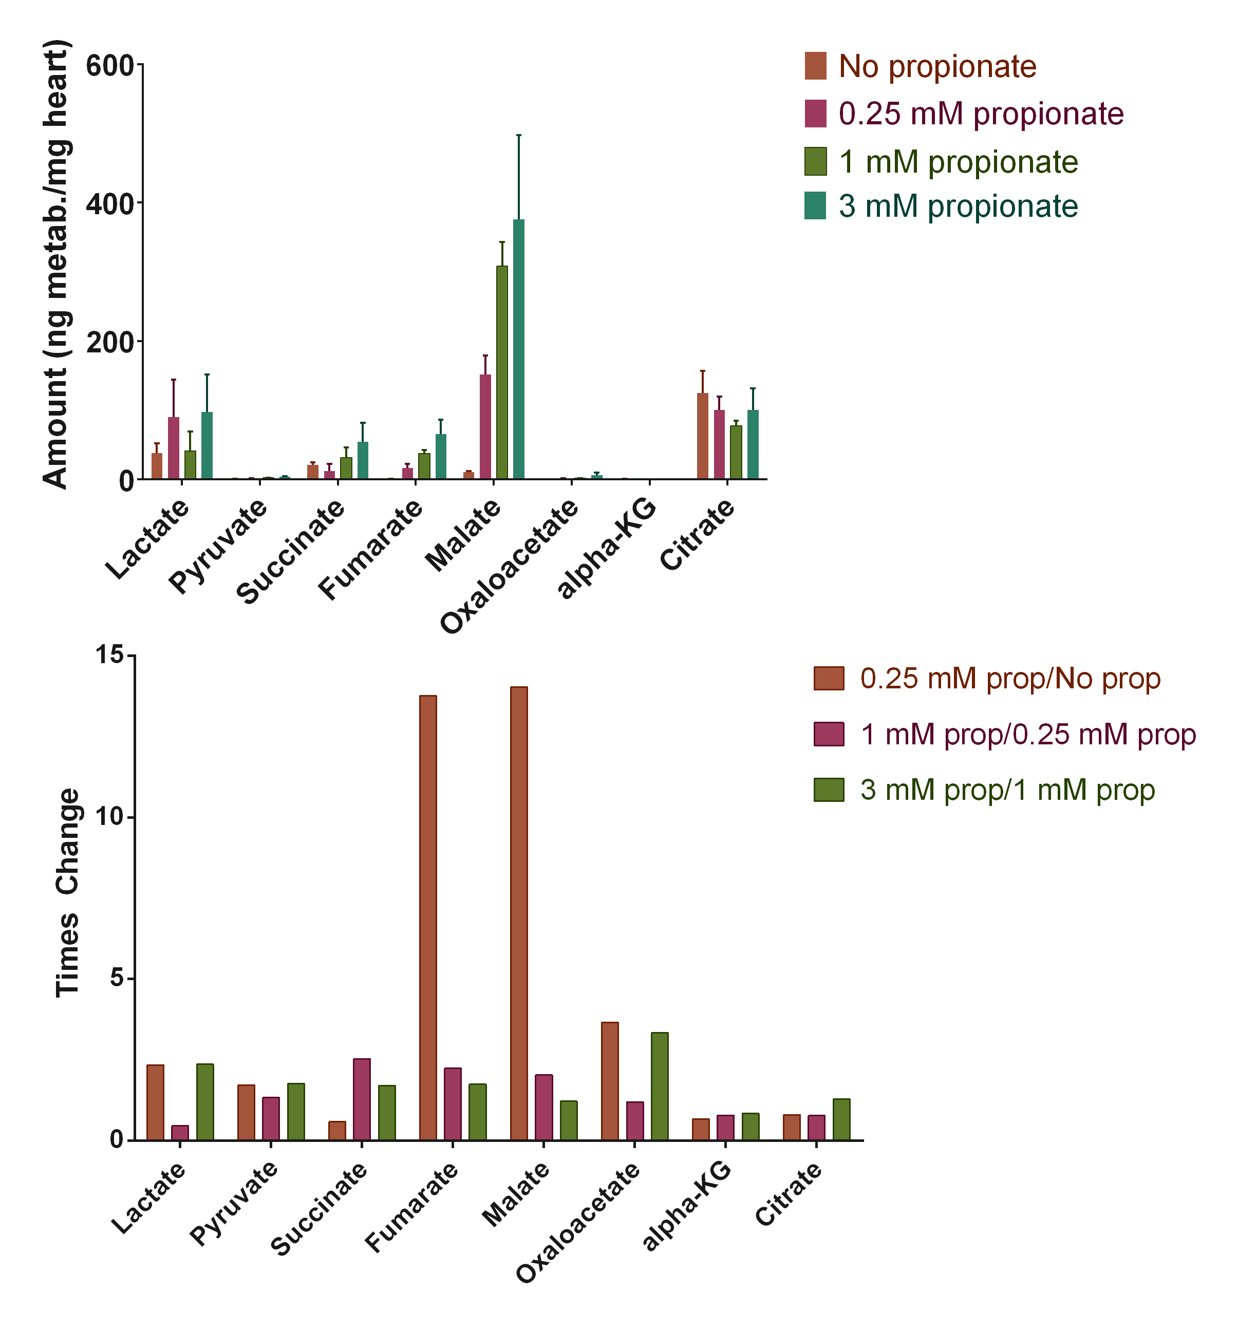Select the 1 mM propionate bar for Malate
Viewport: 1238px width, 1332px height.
point(502,372)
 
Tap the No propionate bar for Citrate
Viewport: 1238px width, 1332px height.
point(702,436)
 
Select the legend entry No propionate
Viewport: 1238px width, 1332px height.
point(936,66)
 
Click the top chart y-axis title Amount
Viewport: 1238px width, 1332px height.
point(57,265)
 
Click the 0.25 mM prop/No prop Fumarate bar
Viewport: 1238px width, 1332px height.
point(428,917)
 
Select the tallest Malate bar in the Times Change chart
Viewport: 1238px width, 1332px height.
point(518,913)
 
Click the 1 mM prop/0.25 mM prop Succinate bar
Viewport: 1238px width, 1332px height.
point(362,1099)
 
